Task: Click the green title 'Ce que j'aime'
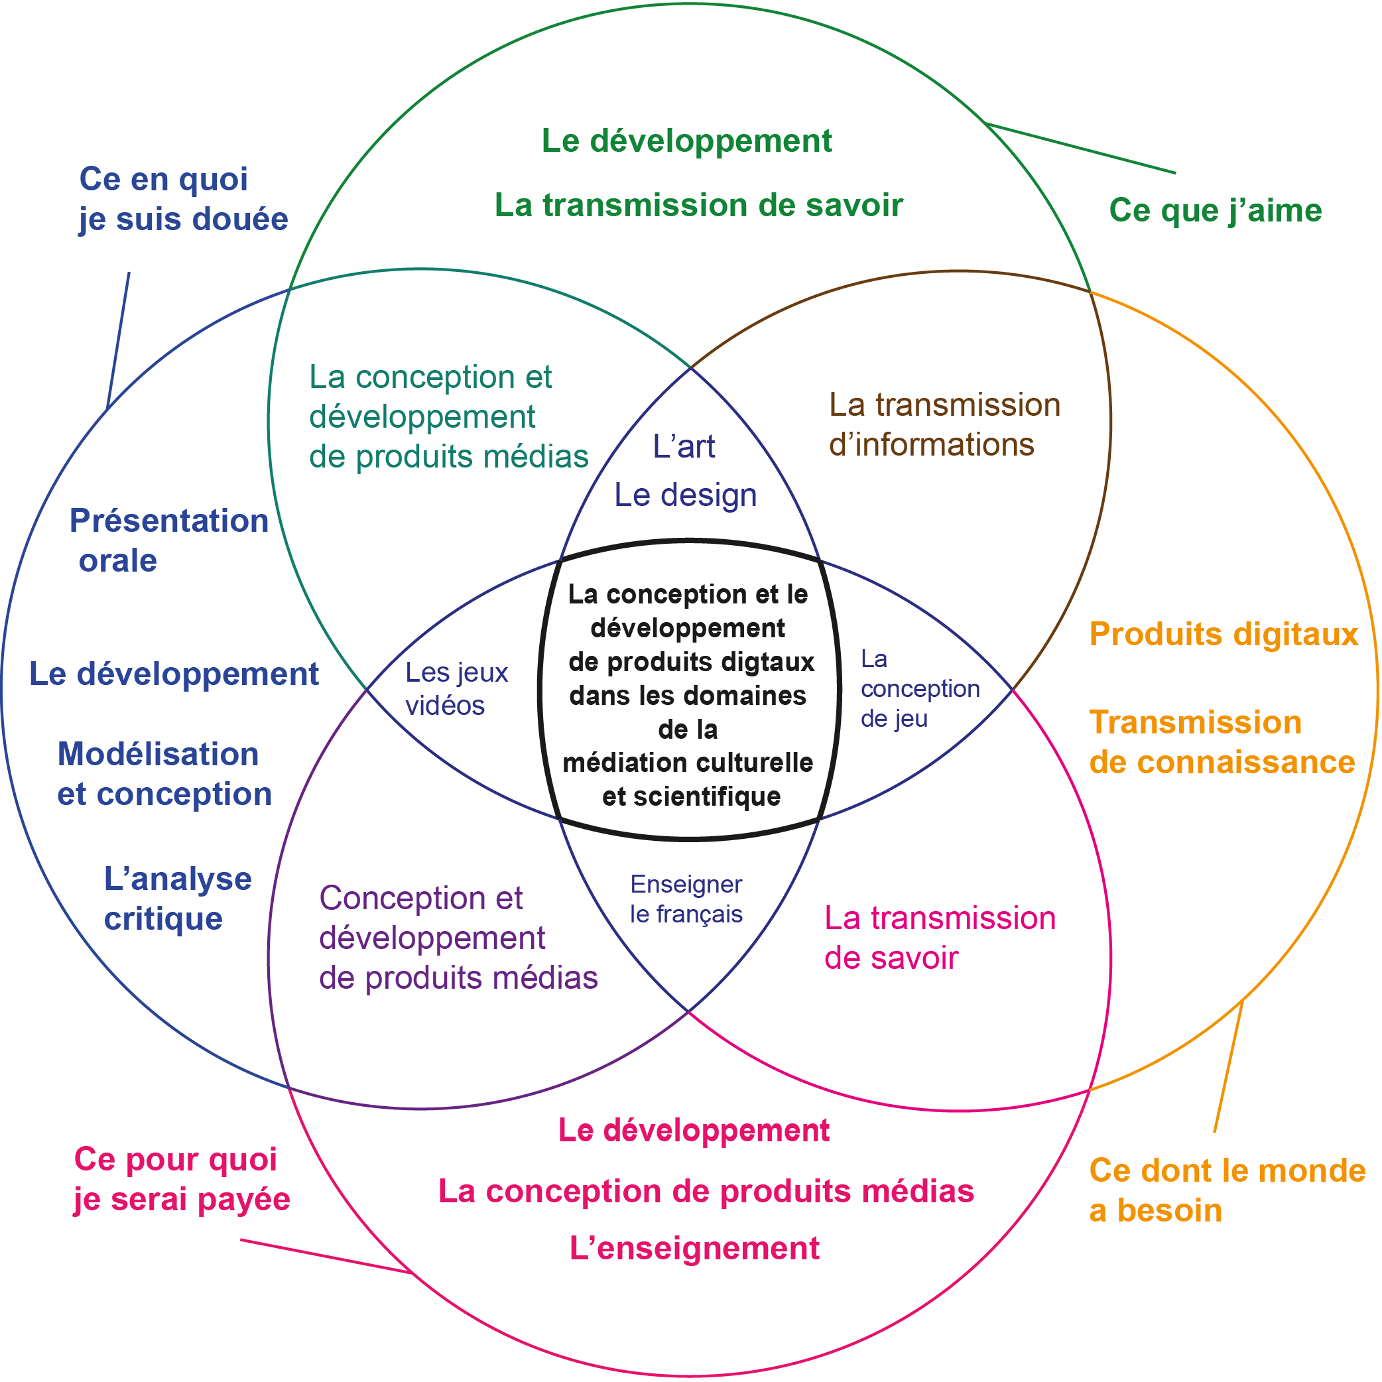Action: (x=1215, y=210)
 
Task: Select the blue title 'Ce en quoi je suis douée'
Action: (x=182, y=199)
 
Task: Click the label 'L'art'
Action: (x=683, y=446)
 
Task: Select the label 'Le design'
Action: (x=685, y=495)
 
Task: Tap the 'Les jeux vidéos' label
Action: (x=456, y=688)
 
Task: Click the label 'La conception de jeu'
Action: (x=918, y=688)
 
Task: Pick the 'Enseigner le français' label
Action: (x=686, y=899)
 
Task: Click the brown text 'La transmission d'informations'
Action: (x=944, y=424)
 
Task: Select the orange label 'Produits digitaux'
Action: (x=1224, y=634)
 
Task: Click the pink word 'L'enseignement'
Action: (x=694, y=1248)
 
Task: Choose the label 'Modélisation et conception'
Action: (x=164, y=774)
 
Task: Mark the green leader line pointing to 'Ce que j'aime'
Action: (x=1080, y=148)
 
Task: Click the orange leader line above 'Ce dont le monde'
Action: (x=1228, y=1066)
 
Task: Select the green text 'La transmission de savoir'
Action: (x=698, y=206)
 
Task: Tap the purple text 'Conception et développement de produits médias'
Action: (x=458, y=938)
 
